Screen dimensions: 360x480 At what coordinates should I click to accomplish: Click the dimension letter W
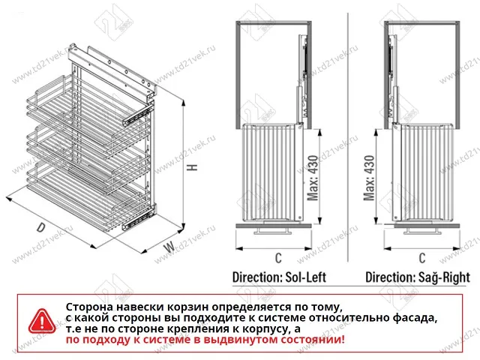click(170, 246)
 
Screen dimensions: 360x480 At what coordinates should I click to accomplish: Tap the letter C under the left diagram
click(277, 259)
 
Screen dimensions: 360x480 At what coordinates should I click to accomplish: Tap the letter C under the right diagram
click(422, 259)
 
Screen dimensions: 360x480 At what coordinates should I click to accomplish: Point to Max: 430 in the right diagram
click(368, 178)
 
